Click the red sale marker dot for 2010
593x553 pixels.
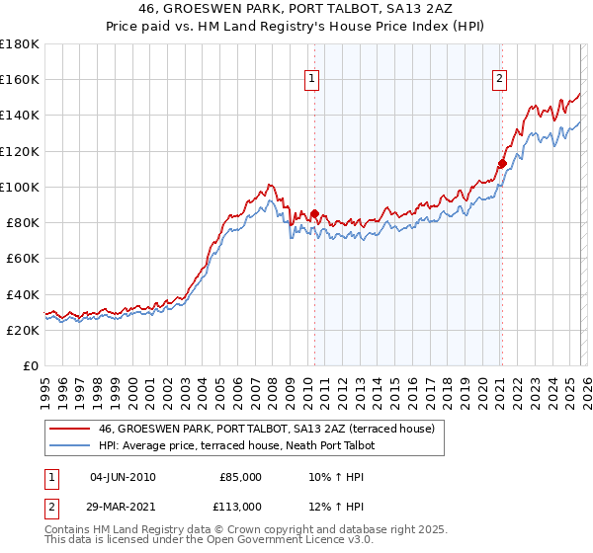pos(314,213)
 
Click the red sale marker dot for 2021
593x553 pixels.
pos(502,163)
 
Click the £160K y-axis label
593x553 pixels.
pos(20,79)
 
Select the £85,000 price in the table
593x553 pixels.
pos(241,477)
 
